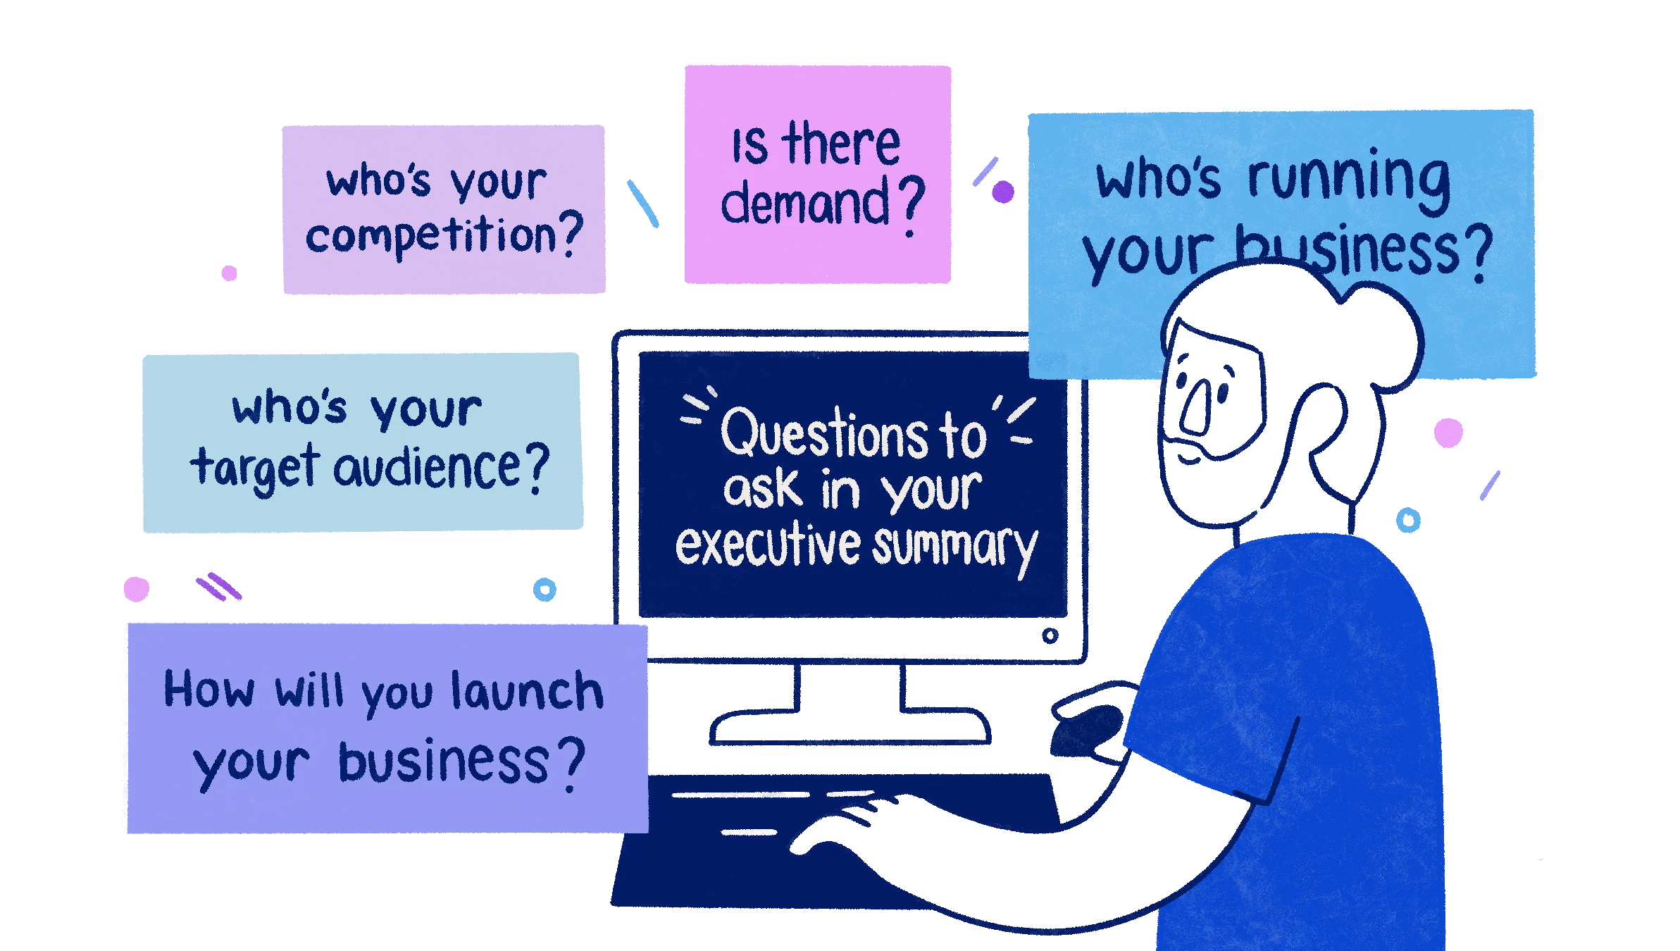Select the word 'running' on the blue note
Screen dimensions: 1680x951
(1348, 178)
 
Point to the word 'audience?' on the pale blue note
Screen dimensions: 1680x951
(441, 468)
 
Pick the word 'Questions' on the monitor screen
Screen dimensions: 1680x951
(824, 434)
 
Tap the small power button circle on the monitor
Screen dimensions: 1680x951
(1050, 637)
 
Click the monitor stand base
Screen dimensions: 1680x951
(849, 729)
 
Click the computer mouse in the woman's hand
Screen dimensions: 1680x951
(1085, 733)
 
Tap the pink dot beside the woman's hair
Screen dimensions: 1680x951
(1448, 433)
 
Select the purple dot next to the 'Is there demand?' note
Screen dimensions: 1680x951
(1003, 192)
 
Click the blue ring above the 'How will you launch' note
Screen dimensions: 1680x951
(544, 589)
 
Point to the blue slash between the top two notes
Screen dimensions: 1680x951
(642, 203)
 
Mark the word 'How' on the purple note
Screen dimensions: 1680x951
(209, 689)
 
